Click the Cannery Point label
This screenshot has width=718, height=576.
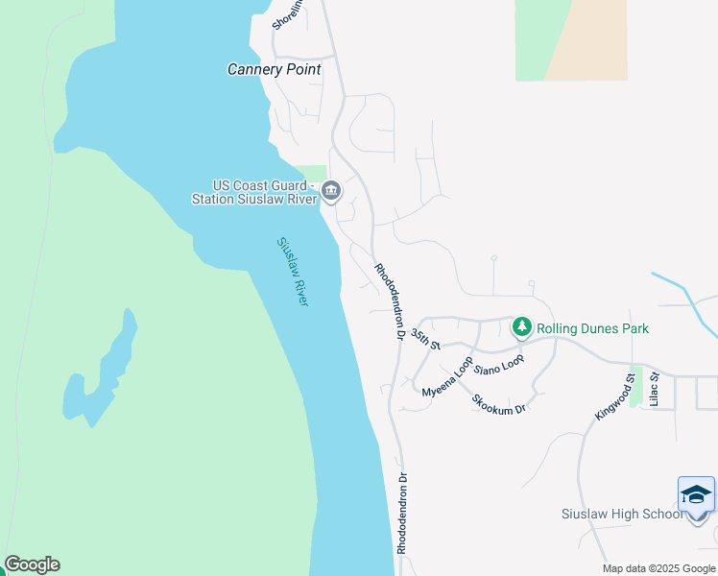click(274, 70)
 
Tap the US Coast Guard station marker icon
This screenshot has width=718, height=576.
click(331, 191)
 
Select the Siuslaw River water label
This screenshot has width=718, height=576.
click(293, 272)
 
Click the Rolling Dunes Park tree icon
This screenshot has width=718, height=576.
click(522, 328)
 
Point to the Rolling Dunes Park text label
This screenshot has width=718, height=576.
click(592, 328)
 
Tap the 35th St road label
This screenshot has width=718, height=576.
click(424, 339)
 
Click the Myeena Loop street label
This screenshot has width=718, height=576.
click(447, 379)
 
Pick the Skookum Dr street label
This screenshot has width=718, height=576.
click(499, 403)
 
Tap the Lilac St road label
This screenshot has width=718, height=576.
click(655, 391)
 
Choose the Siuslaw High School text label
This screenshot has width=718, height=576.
click(622, 514)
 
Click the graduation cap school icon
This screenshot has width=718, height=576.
click(696, 494)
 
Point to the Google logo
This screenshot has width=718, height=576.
click(32, 564)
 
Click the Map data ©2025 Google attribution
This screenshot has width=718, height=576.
click(659, 568)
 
